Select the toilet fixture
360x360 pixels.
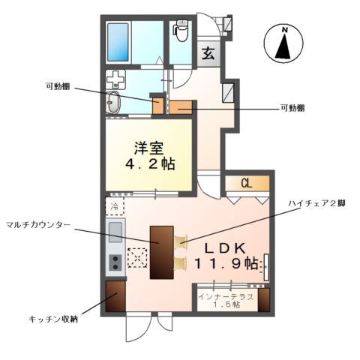(181, 31)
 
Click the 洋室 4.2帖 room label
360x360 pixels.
(151, 155)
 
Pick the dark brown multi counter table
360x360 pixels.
(161, 252)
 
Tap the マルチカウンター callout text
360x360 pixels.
(37, 223)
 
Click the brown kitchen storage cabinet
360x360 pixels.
(115, 297)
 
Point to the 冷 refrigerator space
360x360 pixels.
(115, 205)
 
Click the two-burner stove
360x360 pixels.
(115, 262)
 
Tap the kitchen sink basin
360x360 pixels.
(115, 232)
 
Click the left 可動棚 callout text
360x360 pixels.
(58, 85)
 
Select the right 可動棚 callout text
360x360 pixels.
(292, 108)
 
